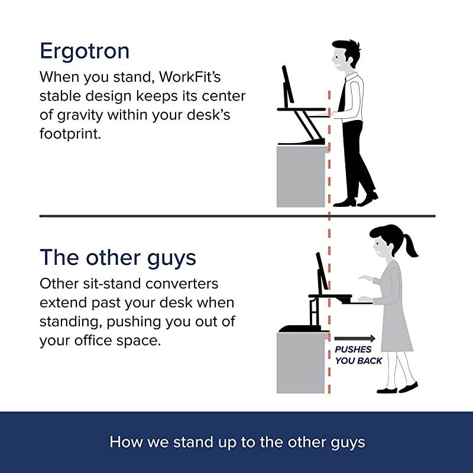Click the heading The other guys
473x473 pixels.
click(x=118, y=258)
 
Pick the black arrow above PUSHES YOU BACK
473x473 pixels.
click(x=355, y=339)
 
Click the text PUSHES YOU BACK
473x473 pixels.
click(x=358, y=355)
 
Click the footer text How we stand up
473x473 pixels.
click(x=237, y=442)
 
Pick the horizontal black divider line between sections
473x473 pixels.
click(x=177, y=216)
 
